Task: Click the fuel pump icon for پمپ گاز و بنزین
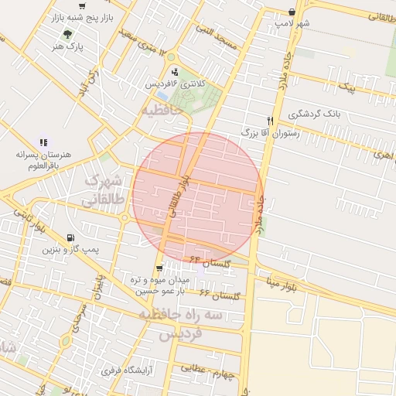[72, 238]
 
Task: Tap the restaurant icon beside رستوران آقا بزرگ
[270, 121]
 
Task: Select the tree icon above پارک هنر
[67, 34]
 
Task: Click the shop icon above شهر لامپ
[291, 12]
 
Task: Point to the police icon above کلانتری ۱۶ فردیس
[174, 72]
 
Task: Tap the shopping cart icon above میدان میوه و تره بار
[159, 268]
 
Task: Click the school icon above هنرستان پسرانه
[44, 142]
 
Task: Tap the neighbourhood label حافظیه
[162, 111]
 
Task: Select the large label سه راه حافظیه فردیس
[180, 324]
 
